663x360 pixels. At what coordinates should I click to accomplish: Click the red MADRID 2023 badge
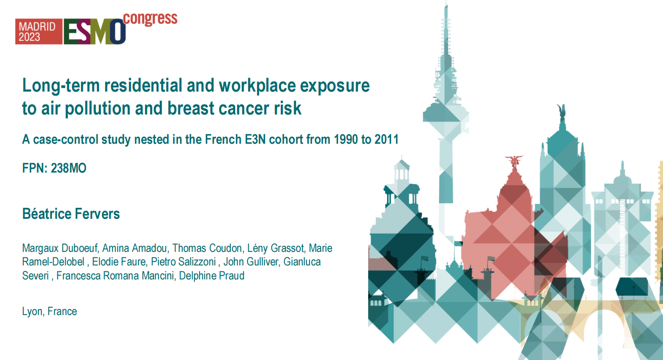pos(39,32)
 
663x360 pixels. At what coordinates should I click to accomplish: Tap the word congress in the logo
pos(150,19)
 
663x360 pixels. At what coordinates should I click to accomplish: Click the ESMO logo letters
pos(95,32)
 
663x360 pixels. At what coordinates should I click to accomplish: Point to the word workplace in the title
pos(257,86)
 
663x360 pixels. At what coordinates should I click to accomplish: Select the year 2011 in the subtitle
pos(386,140)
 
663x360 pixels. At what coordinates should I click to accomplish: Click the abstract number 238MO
pos(68,168)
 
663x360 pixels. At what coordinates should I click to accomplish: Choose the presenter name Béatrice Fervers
pos(71,214)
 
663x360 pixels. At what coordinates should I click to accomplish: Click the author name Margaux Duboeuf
pos(60,248)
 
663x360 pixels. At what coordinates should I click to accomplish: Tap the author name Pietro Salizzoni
pos(183,262)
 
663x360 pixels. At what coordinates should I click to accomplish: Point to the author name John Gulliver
pos(251,262)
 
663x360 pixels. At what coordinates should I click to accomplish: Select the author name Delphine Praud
pos(212,276)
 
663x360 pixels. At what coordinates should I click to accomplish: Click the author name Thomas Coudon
pos(207,248)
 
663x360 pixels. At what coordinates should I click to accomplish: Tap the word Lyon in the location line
pos(32,312)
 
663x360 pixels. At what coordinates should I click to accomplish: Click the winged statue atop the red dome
pos(514,162)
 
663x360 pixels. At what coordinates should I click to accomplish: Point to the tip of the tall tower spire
pos(446,3)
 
